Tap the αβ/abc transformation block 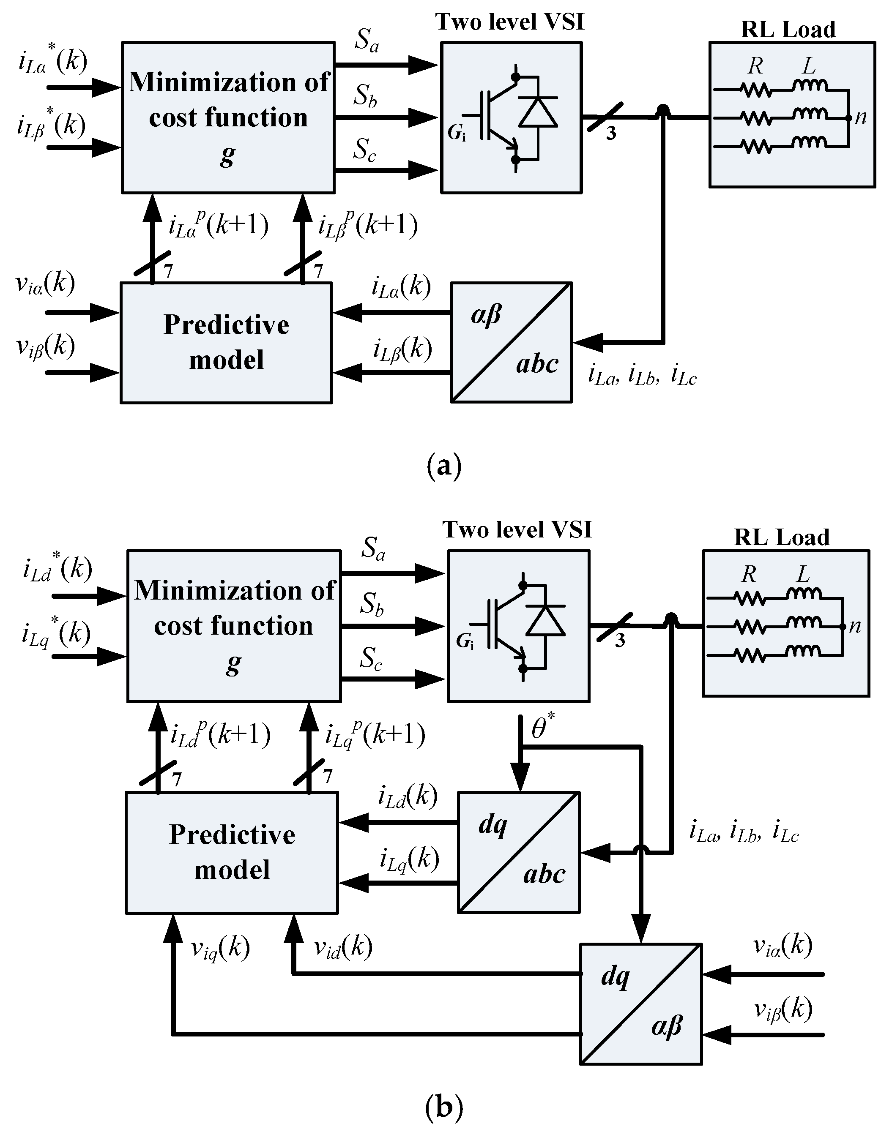click(511, 342)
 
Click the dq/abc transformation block click(519, 852)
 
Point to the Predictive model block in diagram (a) click(226, 342)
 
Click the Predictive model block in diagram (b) click(232, 852)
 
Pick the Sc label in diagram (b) click(371, 660)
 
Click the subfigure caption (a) click(444, 466)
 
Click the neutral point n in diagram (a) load click(860, 117)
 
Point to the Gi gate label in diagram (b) click(465, 641)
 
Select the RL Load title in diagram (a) click(788, 30)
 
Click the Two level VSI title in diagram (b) click(517, 530)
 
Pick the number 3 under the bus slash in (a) click(611, 134)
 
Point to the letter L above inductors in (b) click(803, 575)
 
